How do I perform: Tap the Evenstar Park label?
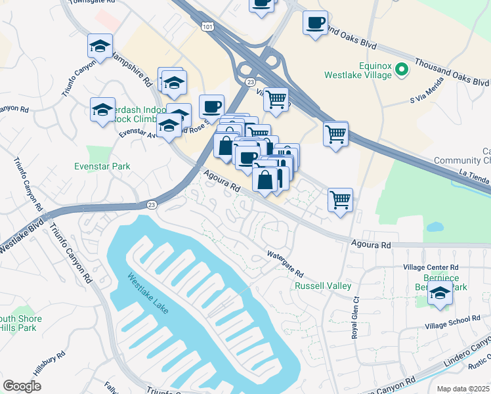pyautogui.click(x=102, y=166)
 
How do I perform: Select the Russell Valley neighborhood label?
pyautogui.click(x=323, y=286)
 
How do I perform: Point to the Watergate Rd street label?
pyautogui.click(x=285, y=263)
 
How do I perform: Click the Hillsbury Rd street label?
pyautogui.click(x=50, y=363)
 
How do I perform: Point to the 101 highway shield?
pyautogui.click(x=207, y=26)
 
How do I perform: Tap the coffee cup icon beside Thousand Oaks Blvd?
pyautogui.click(x=315, y=23)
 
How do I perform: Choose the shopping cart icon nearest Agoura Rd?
pyautogui.click(x=340, y=199)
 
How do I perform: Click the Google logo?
pyautogui.click(x=22, y=386)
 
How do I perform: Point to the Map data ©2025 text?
pyautogui.click(x=463, y=389)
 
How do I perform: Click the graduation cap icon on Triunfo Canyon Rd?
pyautogui.click(x=100, y=47)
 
